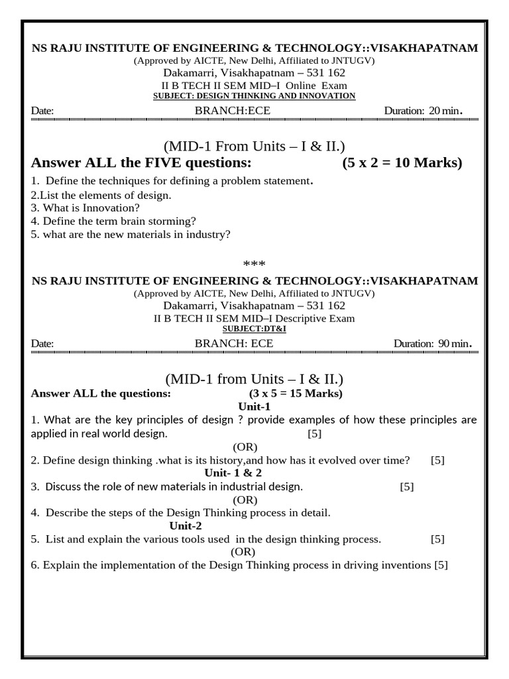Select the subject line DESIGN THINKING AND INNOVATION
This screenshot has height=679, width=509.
pyautogui.click(x=254, y=96)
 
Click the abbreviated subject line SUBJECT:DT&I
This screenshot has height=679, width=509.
pyautogui.click(x=254, y=329)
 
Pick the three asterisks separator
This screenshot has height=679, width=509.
pyautogui.click(x=254, y=265)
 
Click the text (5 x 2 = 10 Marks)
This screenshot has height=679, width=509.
pyautogui.click(x=402, y=163)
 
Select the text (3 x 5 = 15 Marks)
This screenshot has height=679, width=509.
pyautogui.click(x=296, y=394)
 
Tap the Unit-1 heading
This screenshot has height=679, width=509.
pyautogui.click(x=254, y=407)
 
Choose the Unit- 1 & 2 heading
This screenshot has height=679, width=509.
pyautogui.click(x=233, y=473)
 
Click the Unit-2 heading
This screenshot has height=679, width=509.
pyautogui.click(x=186, y=526)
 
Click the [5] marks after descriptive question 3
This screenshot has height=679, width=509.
pyautogui.click(x=407, y=487)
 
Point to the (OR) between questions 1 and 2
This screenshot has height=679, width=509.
pyautogui.click(x=245, y=447)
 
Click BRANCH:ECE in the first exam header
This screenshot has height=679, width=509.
pyautogui.click(x=233, y=111)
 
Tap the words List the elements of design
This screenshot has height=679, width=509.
pyautogui.click(x=105, y=195)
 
